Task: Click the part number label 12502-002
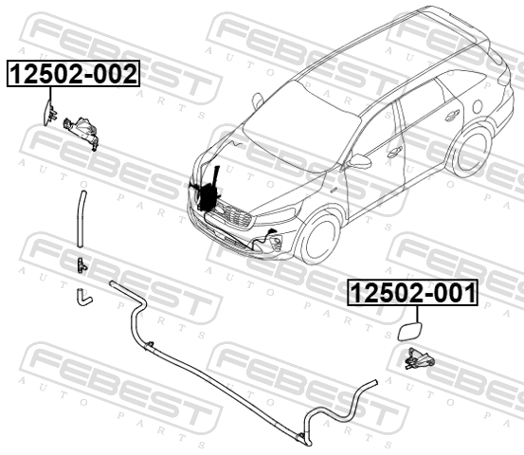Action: click(x=73, y=74)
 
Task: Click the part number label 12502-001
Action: click(x=413, y=293)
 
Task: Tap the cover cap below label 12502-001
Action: click(x=409, y=331)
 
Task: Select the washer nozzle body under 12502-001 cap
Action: click(x=419, y=359)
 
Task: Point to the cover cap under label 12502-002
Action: click(x=47, y=113)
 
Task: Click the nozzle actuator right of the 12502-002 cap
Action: click(x=81, y=133)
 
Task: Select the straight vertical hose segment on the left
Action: click(x=81, y=219)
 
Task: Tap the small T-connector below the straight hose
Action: click(x=81, y=265)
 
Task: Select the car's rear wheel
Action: click(x=472, y=153)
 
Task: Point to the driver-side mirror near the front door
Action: click(x=359, y=162)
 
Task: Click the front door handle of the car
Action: click(x=395, y=152)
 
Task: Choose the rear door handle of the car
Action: click(x=452, y=115)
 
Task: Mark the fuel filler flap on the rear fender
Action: click(x=478, y=106)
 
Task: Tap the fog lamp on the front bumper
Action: click(x=276, y=243)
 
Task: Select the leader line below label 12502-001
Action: click(x=417, y=314)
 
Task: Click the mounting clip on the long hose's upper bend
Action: click(x=151, y=344)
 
